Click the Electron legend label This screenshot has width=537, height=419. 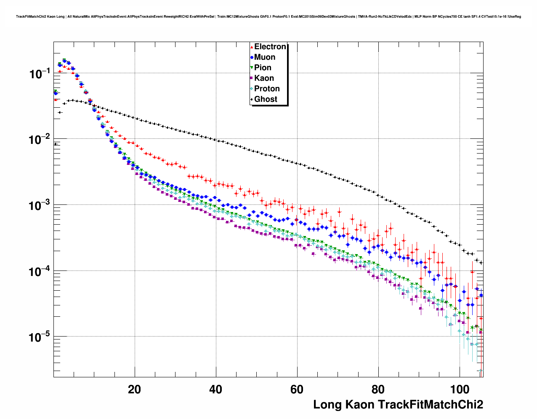click(270, 47)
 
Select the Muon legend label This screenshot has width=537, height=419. click(265, 57)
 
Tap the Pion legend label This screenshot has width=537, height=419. click(263, 68)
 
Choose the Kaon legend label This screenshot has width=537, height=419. click(264, 78)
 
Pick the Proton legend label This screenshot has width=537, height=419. click(267, 89)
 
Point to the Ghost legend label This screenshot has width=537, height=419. click(266, 99)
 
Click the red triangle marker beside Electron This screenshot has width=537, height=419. click(252, 47)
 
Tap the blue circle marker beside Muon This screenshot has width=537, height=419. click(252, 57)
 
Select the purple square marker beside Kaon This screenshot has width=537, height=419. click(252, 78)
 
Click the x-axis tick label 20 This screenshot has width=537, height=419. click(135, 389)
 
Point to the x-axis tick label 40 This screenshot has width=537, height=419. click(216, 389)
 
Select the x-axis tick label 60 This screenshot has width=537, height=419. click(297, 389)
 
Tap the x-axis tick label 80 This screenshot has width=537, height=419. click(378, 389)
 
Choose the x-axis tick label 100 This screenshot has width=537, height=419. click(460, 389)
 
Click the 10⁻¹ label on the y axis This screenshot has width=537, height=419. click(40, 74)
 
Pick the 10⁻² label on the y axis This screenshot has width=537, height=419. click(40, 140)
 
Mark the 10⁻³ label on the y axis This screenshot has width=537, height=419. click(40, 206)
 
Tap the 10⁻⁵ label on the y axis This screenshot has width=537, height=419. click(40, 337)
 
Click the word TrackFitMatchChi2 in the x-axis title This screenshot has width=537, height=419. click(430, 405)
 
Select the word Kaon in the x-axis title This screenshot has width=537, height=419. click(359, 405)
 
